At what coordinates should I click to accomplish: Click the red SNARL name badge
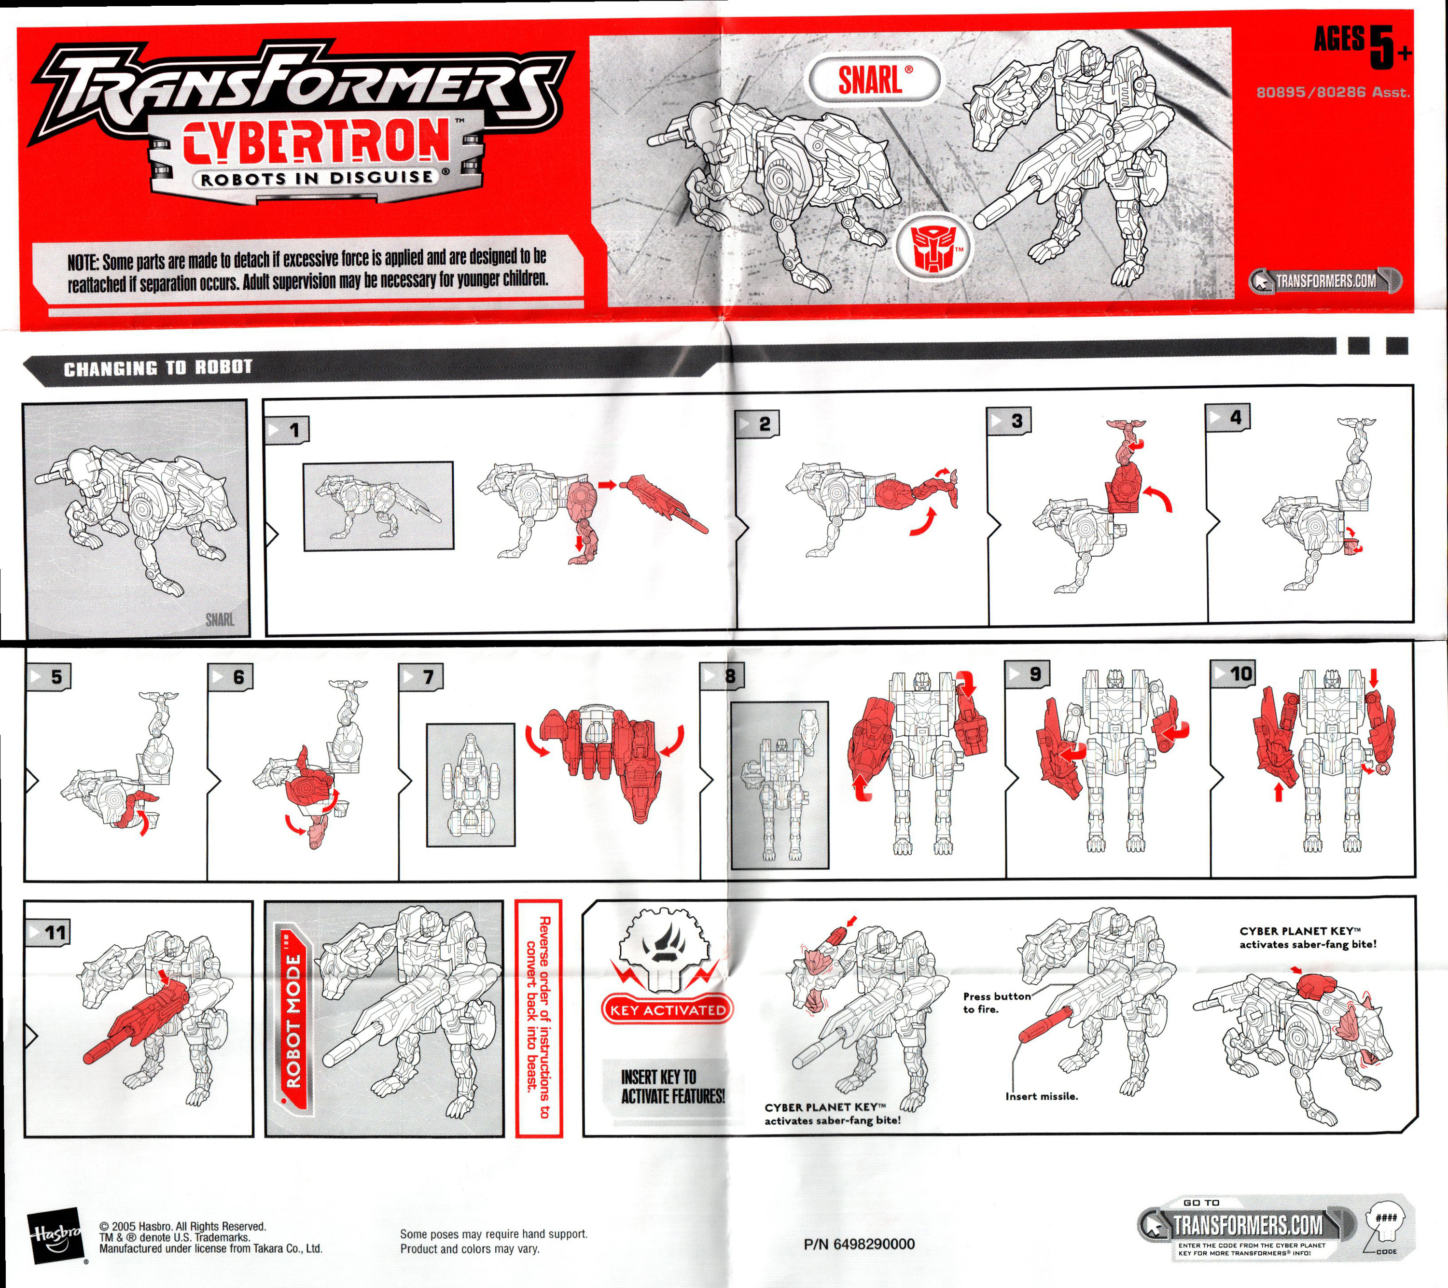[x=874, y=79]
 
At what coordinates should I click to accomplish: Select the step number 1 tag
[x=287, y=429]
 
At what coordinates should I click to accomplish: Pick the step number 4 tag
[x=1228, y=417]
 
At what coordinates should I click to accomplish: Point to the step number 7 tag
[x=421, y=677]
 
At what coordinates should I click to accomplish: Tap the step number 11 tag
[x=47, y=932]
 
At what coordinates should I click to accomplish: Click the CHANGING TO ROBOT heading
[x=158, y=368]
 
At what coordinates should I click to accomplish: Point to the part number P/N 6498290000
[x=859, y=1244]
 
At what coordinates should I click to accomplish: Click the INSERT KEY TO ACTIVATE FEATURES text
[x=673, y=1087]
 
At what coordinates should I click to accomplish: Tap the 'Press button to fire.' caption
[x=997, y=1003]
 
